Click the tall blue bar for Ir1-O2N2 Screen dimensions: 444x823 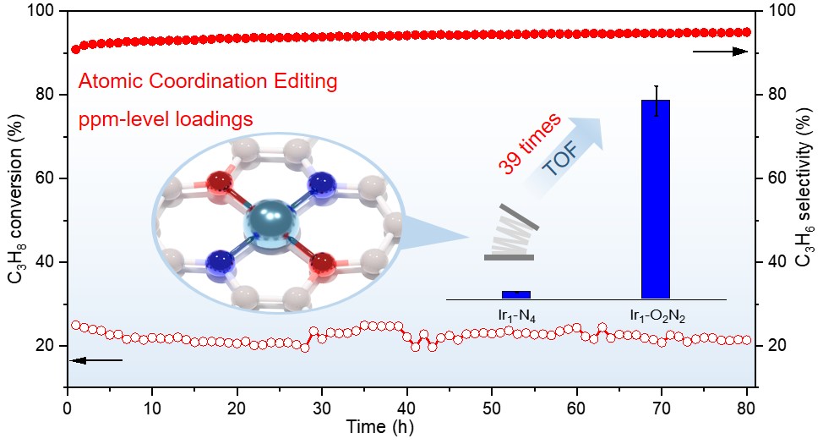tap(655, 199)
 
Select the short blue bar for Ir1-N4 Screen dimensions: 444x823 tap(515, 294)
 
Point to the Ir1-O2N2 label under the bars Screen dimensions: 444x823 tap(657, 317)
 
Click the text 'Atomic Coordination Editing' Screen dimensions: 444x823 tap(207, 82)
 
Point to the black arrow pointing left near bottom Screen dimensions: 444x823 tap(95, 361)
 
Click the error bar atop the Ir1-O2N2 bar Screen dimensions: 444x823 tap(655, 93)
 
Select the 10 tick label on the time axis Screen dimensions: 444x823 tap(152, 407)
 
